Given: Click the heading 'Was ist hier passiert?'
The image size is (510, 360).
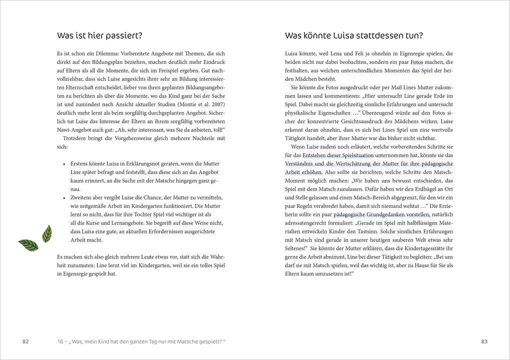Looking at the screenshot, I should click(x=99, y=35).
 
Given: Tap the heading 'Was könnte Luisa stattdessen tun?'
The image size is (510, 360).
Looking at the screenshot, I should click(x=353, y=35).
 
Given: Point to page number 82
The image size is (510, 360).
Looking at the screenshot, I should click(x=25, y=341).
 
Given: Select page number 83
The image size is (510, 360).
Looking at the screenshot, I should click(x=484, y=341).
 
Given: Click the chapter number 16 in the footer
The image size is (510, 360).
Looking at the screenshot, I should click(x=60, y=341).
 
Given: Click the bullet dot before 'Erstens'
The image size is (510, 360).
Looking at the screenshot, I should click(x=64, y=164).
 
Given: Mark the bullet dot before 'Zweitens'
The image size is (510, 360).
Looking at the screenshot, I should click(x=64, y=197).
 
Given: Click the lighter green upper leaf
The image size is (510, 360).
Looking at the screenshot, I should click(x=47, y=233).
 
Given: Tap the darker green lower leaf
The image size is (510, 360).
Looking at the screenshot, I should click(x=28, y=245).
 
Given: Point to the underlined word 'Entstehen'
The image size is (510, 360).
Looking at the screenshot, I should click(x=315, y=155).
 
